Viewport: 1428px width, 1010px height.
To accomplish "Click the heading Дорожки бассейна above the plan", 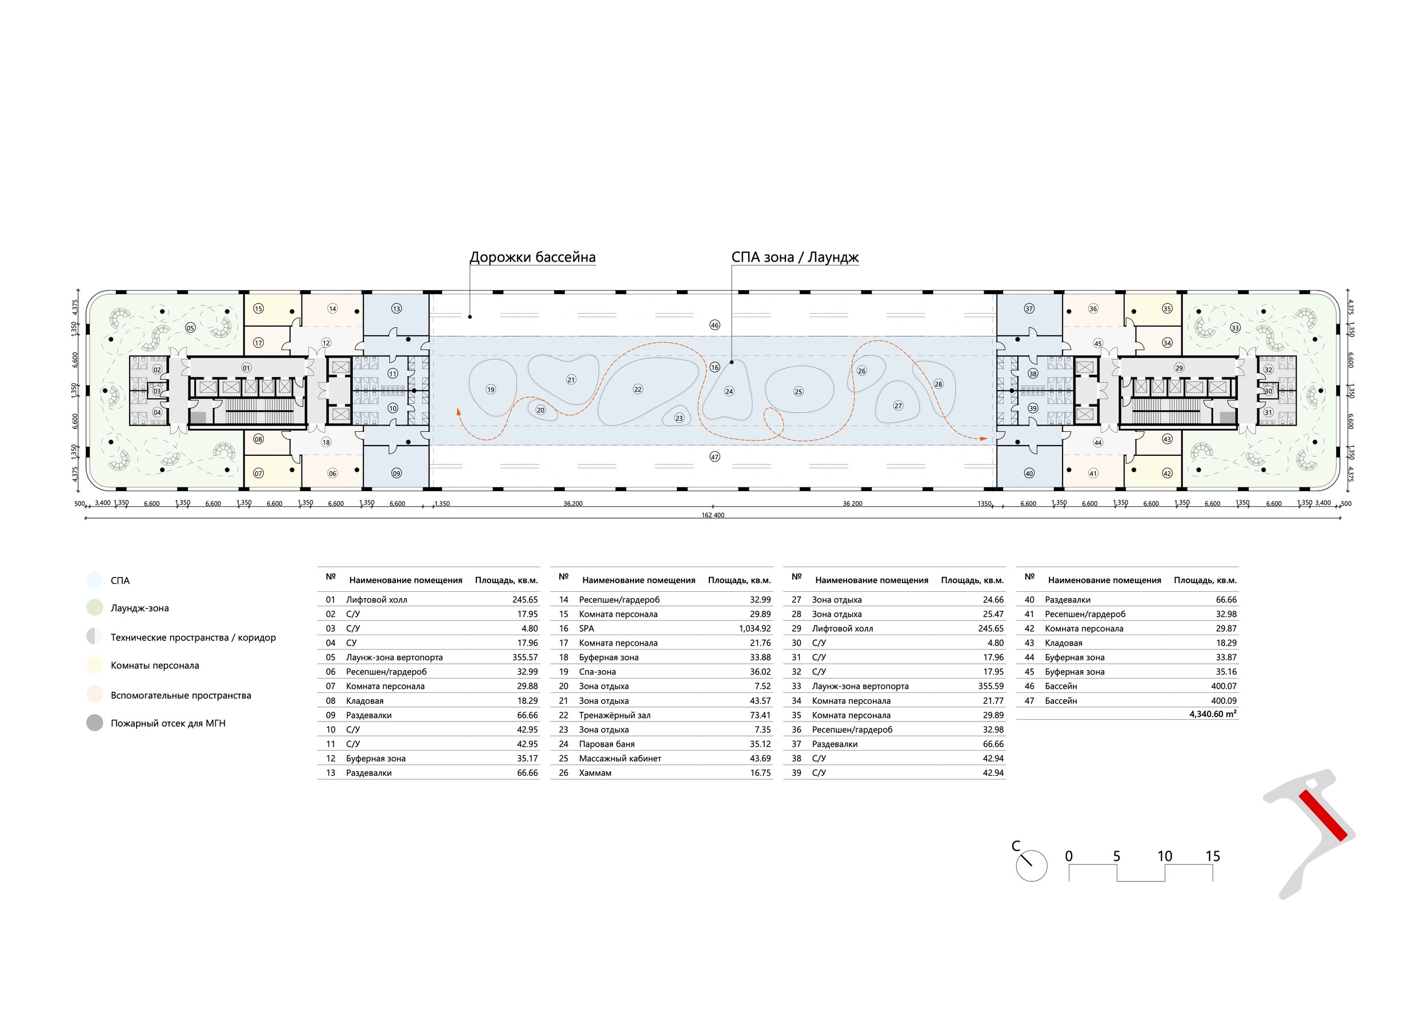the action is [532, 258].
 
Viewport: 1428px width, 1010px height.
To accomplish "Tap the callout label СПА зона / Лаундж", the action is [795, 258].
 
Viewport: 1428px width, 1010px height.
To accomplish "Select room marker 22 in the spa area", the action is [637, 390].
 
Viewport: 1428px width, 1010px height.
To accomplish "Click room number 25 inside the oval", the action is [799, 392].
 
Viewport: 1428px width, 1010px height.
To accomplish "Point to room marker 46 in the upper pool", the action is [715, 325].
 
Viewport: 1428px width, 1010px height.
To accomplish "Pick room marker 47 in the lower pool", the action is [715, 457].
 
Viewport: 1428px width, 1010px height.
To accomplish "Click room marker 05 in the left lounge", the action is [190, 328].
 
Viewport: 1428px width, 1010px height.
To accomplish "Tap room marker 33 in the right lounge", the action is [1234, 328].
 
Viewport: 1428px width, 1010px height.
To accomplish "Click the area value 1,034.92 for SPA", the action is [755, 629].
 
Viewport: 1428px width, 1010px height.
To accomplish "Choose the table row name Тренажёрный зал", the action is [615, 715].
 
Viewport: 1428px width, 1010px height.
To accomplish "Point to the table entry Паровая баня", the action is [607, 744].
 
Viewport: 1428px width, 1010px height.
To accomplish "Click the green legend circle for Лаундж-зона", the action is [95, 608].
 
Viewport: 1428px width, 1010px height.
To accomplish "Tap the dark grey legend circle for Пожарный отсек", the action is [95, 723].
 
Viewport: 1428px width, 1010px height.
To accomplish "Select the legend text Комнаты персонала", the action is [155, 666].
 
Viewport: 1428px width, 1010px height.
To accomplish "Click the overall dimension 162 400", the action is [713, 515].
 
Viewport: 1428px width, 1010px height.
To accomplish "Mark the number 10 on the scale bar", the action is [1164, 856].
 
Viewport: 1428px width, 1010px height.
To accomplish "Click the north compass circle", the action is [1031, 865].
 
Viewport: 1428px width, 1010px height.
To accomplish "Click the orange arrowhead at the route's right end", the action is [984, 439].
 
